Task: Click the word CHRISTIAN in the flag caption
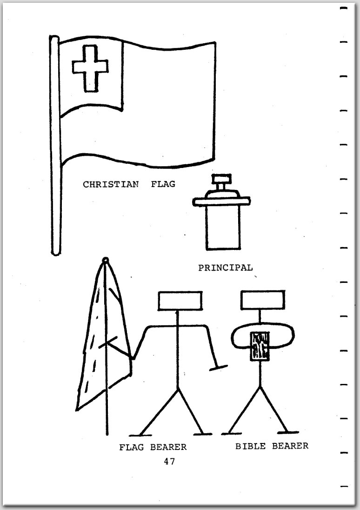click(111, 184)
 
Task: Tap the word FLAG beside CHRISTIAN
click(163, 184)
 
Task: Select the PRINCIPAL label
click(226, 268)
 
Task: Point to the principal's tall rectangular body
click(222, 228)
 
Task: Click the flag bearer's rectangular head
click(180, 300)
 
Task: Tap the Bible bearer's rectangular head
click(262, 300)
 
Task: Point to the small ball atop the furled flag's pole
click(106, 260)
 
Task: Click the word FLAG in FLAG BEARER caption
click(132, 447)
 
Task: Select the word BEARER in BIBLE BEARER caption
click(290, 446)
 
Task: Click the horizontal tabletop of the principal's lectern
click(222, 201)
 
